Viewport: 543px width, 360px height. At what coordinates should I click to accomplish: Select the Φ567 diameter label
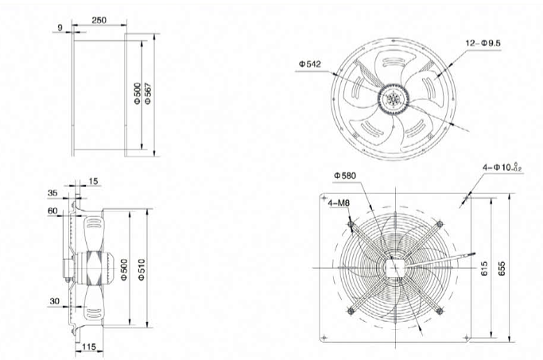[x=149, y=96]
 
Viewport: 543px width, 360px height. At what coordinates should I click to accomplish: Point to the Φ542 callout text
[x=310, y=64]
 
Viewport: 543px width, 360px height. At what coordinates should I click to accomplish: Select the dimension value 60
[x=52, y=211]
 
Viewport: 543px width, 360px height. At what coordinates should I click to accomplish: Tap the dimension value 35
[x=52, y=192]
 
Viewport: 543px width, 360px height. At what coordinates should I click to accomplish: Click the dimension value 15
[x=95, y=182]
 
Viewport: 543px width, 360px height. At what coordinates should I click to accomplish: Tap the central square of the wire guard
[x=395, y=267]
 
